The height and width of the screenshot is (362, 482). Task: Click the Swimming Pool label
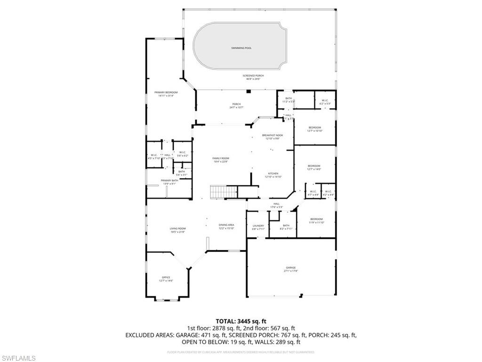(241, 48)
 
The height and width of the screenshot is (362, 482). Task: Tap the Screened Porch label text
(253, 76)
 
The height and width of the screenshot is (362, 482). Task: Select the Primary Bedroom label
(166, 94)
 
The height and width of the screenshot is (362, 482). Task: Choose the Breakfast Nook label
(273, 137)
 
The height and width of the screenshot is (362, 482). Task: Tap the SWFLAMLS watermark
(19, 358)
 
